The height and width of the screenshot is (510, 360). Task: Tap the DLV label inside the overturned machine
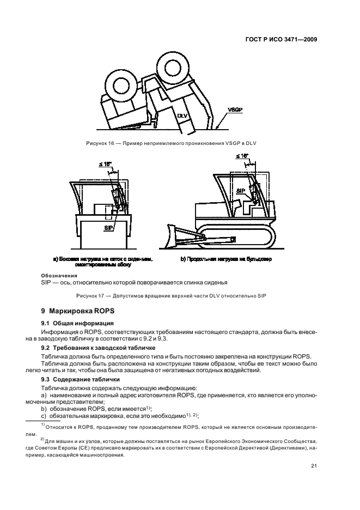182,116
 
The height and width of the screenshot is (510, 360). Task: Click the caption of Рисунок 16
171,143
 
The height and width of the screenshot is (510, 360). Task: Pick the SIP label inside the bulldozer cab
240,191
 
